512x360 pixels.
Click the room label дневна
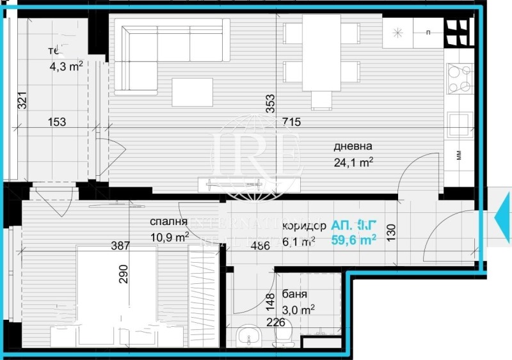click(353, 146)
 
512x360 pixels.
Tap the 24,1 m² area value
click(353, 162)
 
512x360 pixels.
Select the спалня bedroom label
click(168, 222)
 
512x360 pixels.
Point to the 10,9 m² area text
click(169, 237)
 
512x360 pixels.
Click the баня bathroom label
click(294, 296)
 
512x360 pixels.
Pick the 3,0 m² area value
click(298, 311)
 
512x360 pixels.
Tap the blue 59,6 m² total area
click(353, 240)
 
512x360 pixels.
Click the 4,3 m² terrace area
click(66, 65)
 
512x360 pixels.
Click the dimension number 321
click(21, 101)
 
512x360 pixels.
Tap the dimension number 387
click(120, 245)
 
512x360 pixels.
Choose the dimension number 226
click(275, 323)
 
